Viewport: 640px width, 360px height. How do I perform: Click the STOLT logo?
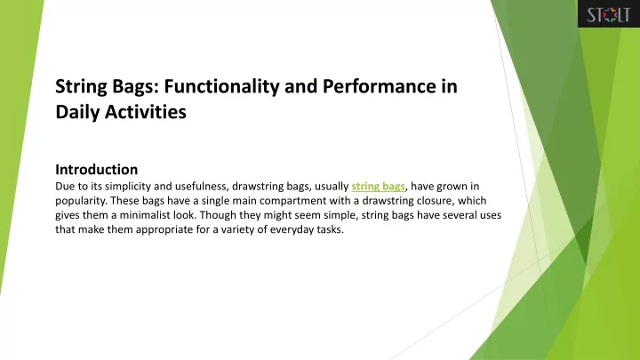tap(609, 14)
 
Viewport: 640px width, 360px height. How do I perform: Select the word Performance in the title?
tap(380, 86)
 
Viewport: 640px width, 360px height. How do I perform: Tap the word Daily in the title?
tap(77, 112)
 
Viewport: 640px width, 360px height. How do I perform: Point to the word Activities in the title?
tap(146, 112)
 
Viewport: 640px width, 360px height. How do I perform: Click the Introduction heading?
tap(96, 170)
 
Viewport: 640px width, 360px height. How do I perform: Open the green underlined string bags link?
tap(378, 187)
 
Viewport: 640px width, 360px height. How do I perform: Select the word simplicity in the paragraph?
tap(127, 187)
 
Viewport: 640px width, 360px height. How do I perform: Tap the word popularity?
tap(81, 201)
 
